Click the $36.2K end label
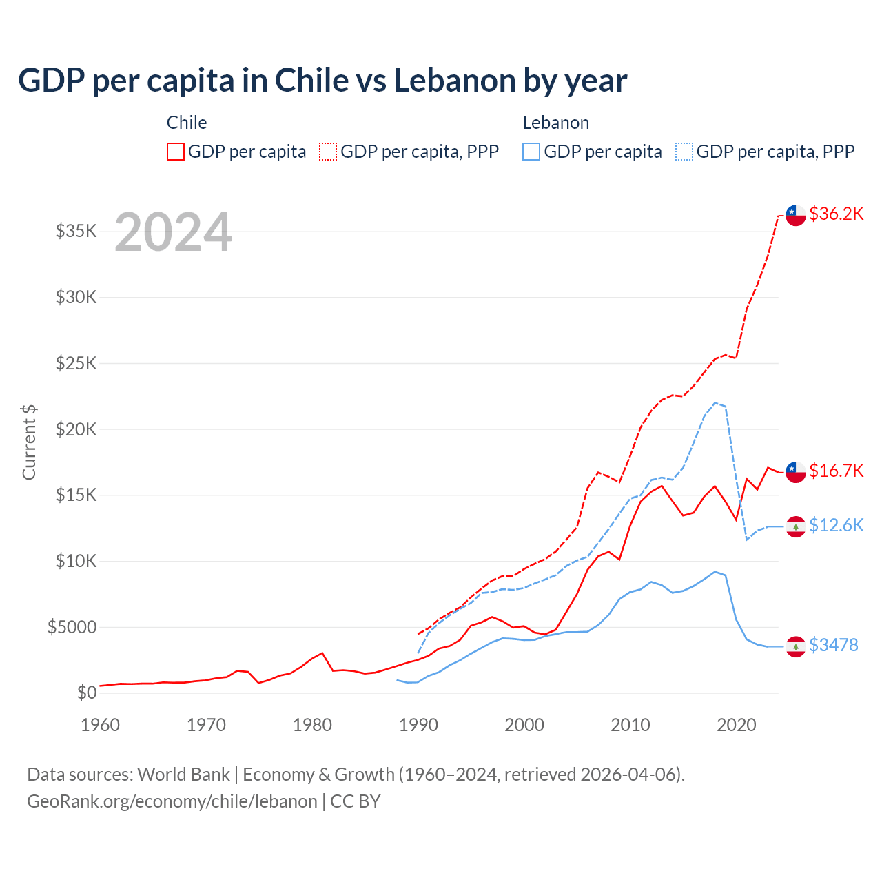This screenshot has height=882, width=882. coord(836,214)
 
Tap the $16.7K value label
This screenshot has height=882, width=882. coord(836,471)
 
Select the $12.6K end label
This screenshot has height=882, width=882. coord(836,525)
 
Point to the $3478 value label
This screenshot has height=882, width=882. coord(833,645)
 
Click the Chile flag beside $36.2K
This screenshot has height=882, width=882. coord(796,215)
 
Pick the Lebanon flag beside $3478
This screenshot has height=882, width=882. coord(796,646)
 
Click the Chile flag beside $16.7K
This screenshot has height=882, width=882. coord(796,472)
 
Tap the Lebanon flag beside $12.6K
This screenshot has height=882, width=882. coord(796,526)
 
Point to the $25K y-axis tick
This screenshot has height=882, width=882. coord(76,363)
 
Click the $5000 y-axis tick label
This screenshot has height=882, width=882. coord(72,627)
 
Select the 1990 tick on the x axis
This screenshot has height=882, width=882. coord(418,725)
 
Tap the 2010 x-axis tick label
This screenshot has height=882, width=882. coord(630,725)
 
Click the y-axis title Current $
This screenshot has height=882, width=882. coord(29,442)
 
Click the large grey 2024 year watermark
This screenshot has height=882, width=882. coord(173,232)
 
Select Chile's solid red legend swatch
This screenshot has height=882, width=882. coord(176,152)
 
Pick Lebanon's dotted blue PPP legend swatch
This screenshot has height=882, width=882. coord(684,152)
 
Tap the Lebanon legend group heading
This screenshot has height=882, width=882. coord(555,123)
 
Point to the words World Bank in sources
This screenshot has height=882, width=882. coord(183,775)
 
